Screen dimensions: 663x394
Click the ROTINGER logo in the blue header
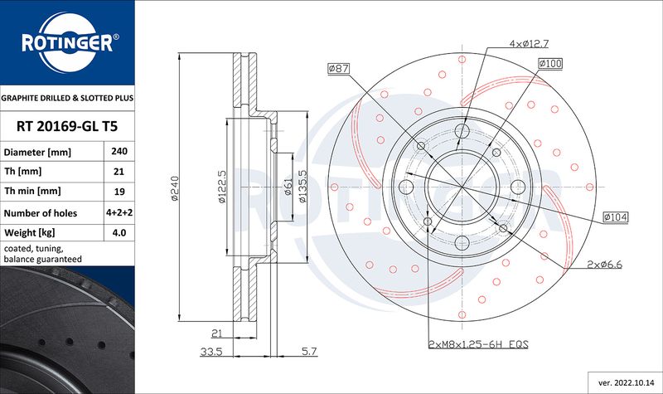(x=68, y=42)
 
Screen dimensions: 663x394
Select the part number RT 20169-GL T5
(x=67, y=126)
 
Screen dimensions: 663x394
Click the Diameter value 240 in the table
(x=119, y=151)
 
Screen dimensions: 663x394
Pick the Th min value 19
(x=119, y=192)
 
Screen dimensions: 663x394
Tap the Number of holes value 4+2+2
(x=119, y=212)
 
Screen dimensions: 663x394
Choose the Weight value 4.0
(x=119, y=232)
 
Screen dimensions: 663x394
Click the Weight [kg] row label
(x=30, y=233)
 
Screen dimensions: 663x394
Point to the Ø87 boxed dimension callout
(x=339, y=68)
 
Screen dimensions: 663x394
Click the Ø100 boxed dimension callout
(x=550, y=64)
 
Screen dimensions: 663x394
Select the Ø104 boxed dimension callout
(x=616, y=217)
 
